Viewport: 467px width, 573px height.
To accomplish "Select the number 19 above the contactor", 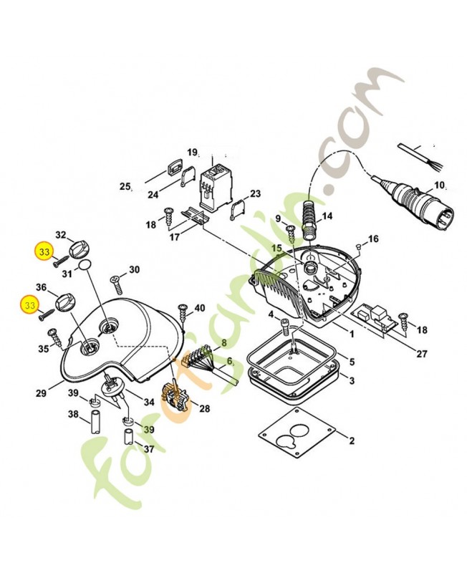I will [192, 153].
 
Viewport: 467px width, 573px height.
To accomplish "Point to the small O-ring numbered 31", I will [85, 266].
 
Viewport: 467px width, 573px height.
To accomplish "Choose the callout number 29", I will [42, 393].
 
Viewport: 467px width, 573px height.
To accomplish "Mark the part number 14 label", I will [327, 216].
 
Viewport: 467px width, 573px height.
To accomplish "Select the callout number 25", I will [125, 187].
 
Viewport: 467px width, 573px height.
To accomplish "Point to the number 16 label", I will [372, 239].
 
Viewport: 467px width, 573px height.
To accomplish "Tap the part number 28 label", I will [204, 408].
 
